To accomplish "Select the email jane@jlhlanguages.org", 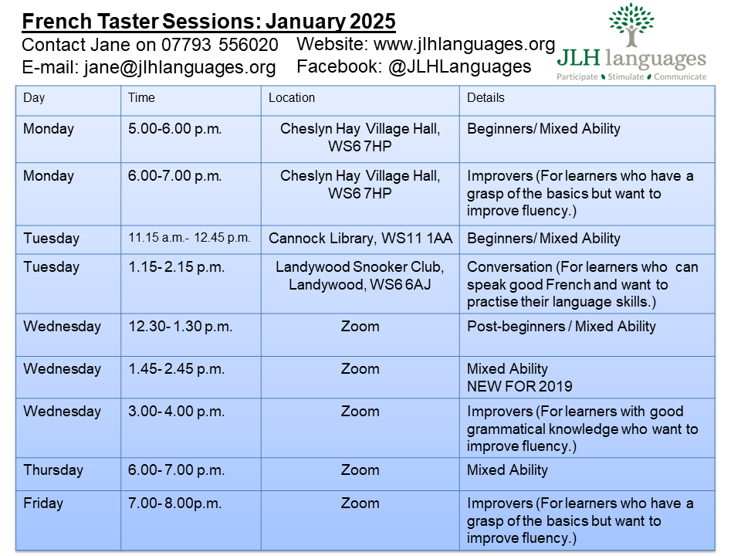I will pos(179,68).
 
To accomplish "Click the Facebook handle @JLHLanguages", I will pos(460,67).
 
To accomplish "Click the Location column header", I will pos(292,98).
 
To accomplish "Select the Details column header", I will pos(486,98).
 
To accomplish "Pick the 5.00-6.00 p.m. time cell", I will pos(174,129).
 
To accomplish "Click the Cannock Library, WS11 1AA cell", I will pos(360,239).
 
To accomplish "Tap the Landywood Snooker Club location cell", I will pos(360,276).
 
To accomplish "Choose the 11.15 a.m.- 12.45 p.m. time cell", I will pos(189,238).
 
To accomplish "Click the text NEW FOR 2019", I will pos(519,386).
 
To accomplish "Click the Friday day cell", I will pos(43,503).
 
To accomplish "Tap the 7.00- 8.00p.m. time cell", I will pos(174,503).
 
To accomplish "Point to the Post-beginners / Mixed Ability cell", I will pos(561,327).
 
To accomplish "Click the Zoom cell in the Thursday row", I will pos(360,470).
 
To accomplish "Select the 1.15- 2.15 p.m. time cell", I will pos(176,267).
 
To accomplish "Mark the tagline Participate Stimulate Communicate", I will pos(632,77).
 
